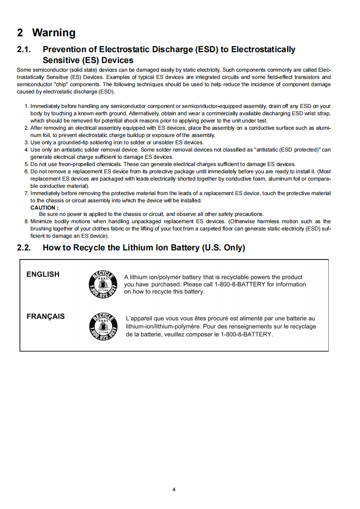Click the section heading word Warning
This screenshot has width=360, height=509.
click(54, 33)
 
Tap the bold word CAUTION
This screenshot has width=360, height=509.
click(44, 208)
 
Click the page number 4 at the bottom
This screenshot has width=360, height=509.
click(174, 489)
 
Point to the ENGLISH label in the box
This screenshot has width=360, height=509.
click(43, 274)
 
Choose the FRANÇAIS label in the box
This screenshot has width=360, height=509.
click(45, 317)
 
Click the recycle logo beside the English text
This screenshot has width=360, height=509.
click(103, 284)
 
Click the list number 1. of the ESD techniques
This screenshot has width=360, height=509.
click(26, 106)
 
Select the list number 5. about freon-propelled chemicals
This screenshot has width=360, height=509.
click(26, 164)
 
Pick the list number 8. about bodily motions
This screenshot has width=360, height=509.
click(26, 221)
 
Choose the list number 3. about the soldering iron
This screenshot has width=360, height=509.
click(26, 142)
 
